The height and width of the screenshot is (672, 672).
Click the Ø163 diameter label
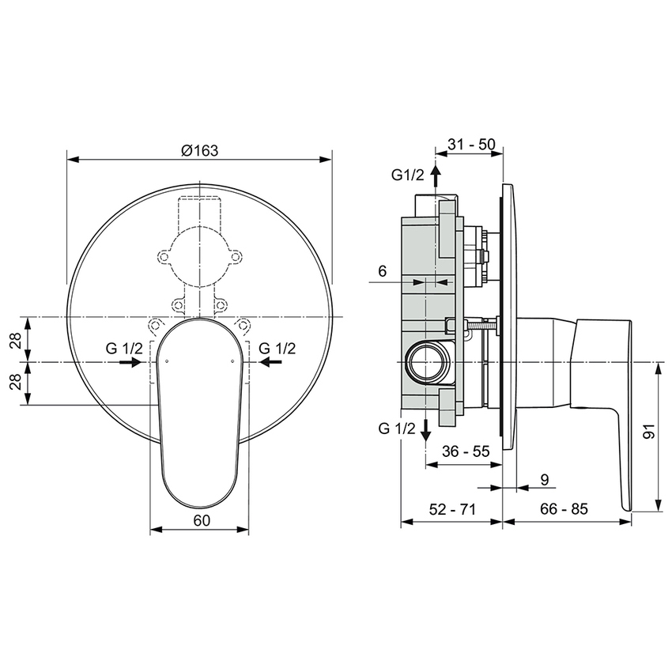pyautogui.click(x=198, y=150)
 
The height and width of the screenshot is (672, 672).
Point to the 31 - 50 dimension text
pyautogui.click(x=471, y=144)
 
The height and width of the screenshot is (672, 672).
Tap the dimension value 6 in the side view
pyautogui.click(x=382, y=271)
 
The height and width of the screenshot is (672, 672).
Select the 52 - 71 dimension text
pyautogui.click(x=451, y=509)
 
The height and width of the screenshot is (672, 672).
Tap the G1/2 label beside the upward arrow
pyautogui.click(x=408, y=175)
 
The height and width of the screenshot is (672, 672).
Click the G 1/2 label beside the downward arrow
pyautogui.click(x=397, y=428)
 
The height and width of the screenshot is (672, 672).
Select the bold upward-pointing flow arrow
pyautogui.click(x=436, y=176)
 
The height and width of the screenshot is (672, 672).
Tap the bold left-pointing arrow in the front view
pyautogui.click(x=270, y=362)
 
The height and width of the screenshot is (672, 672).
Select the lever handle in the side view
pyautogui.click(x=605, y=395)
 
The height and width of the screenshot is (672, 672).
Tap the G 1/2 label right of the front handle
pyautogui.click(x=277, y=348)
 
